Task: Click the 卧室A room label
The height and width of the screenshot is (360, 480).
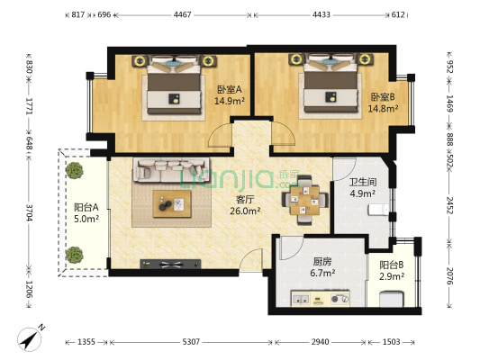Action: [x=230, y=90]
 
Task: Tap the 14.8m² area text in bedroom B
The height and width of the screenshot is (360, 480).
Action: [x=383, y=108]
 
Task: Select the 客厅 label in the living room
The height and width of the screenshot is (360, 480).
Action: [x=245, y=200]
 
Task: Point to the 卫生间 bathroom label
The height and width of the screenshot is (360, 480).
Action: [x=363, y=183]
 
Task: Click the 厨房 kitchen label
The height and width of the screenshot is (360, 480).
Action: [x=322, y=262]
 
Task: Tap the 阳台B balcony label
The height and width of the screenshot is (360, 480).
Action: [x=392, y=265]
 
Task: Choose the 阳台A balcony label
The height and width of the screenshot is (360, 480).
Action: [x=86, y=207]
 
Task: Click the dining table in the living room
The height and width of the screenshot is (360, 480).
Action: [x=305, y=200]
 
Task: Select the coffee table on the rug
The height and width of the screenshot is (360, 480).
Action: [x=172, y=204]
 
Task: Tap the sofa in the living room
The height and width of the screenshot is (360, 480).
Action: [x=171, y=170]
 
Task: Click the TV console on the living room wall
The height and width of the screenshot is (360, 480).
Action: [x=170, y=264]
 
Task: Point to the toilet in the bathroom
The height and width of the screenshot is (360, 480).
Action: [x=378, y=210]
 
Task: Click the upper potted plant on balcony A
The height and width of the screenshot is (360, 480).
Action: [x=75, y=170]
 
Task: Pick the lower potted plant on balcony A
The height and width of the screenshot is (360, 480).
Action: [x=75, y=255]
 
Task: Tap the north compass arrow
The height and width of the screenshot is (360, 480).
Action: [x=31, y=339]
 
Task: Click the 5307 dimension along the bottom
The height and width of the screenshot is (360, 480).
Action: [x=191, y=342]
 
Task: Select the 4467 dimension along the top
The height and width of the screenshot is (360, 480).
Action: [x=183, y=14]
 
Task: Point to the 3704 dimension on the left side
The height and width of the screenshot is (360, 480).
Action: [x=29, y=212]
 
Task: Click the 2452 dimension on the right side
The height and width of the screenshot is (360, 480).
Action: [x=449, y=205]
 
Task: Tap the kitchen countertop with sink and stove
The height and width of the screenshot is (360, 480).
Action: [x=321, y=298]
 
